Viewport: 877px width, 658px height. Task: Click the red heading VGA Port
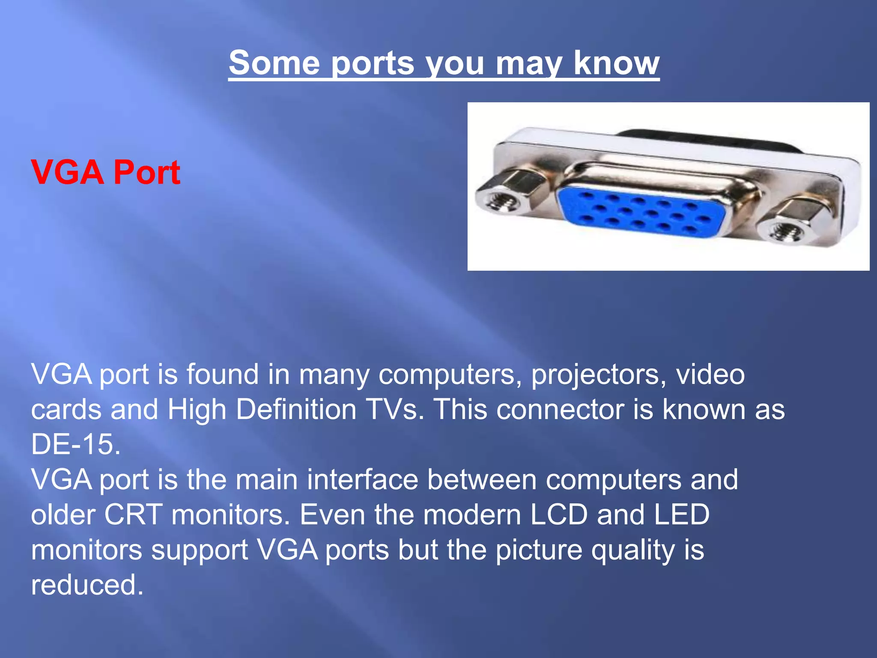click(x=105, y=172)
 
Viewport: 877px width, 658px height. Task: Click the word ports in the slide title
click(x=373, y=63)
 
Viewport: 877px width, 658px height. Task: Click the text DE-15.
click(x=76, y=444)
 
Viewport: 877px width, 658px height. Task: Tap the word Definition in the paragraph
click(x=296, y=409)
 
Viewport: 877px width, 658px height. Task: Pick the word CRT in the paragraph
click(x=133, y=514)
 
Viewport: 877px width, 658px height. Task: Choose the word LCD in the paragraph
click(x=558, y=514)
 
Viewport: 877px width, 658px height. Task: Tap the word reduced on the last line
click(x=87, y=584)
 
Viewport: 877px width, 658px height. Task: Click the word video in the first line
click(x=710, y=374)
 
